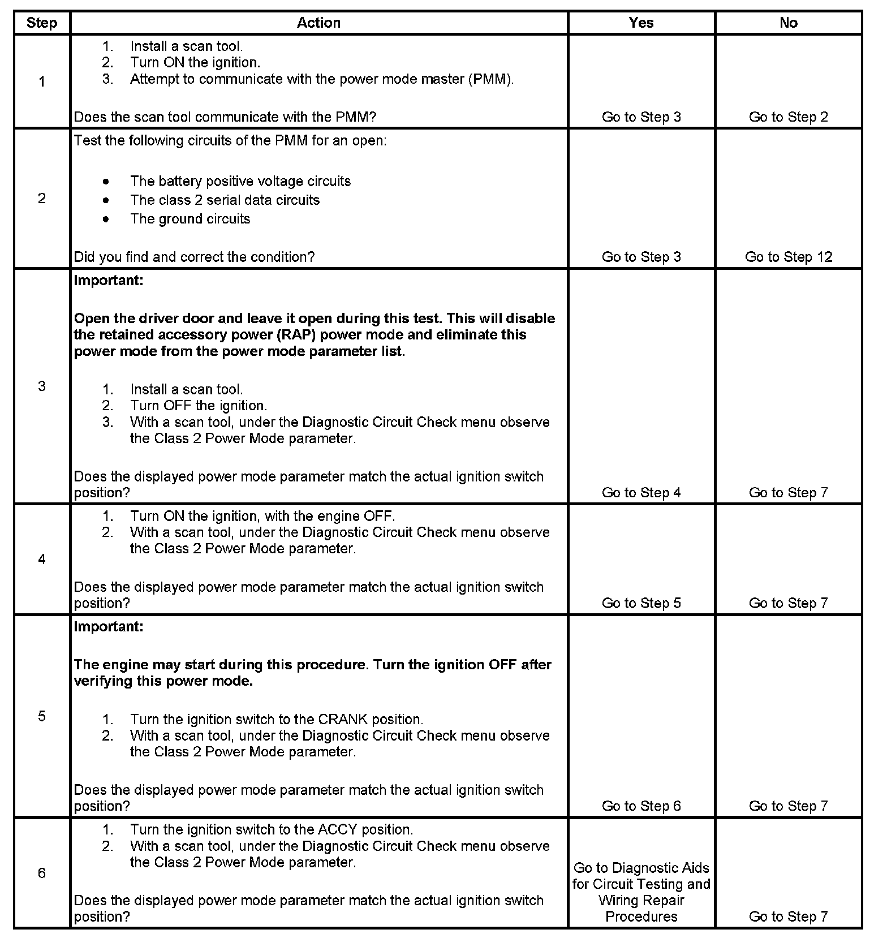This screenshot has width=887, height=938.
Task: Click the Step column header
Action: (x=42, y=23)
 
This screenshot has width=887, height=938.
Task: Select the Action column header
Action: (x=318, y=23)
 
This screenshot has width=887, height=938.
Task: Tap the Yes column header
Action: (x=641, y=23)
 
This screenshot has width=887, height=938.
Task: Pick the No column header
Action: (x=788, y=23)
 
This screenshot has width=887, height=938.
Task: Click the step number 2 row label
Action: (x=42, y=198)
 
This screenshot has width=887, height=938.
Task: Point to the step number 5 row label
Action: (x=42, y=716)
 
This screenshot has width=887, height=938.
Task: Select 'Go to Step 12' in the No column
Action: (x=788, y=257)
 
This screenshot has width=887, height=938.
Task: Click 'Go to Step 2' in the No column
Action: (x=788, y=117)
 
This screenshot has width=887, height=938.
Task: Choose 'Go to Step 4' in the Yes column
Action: (x=641, y=493)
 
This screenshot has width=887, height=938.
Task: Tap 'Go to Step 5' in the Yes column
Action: (x=641, y=603)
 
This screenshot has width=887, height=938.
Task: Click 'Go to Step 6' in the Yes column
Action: (x=641, y=806)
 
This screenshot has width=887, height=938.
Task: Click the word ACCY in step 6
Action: (x=338, y=830)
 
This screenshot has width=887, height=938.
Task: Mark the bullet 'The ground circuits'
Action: (x=190, y=219)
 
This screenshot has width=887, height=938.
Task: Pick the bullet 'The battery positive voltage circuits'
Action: (x=240, y=181)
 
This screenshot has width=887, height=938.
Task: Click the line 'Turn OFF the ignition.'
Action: (x=199, y=406)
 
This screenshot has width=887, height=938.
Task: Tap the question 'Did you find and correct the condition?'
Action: (x=194, y=257)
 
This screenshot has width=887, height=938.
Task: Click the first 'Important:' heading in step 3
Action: (x=109, y=281)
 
